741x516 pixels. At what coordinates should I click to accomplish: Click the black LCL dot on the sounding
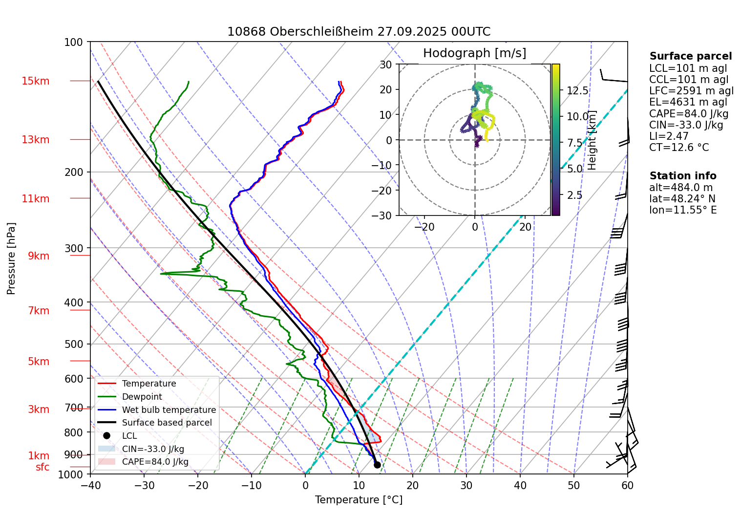(377, 465)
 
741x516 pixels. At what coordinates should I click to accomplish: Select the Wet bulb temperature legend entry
(169, 410)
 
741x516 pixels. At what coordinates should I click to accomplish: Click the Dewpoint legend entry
(142, 397)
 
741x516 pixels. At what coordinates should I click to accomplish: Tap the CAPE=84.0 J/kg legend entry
(155, 462)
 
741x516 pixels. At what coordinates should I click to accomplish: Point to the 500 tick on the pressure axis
(74, 344)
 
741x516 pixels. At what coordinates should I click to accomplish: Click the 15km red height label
(35, 81)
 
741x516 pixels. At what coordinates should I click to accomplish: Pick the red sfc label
(42, 467)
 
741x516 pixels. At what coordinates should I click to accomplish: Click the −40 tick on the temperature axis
(90, 485)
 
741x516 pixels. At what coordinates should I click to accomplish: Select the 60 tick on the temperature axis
(627, 485)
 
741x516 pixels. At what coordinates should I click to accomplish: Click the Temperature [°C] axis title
(359, 500)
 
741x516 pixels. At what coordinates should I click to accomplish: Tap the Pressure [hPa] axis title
(11, 258)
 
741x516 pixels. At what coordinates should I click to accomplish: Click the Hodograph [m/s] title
(474, 53)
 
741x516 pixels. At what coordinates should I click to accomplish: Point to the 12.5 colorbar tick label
(577, 90)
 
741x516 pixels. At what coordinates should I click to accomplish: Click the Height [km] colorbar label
(592, 140)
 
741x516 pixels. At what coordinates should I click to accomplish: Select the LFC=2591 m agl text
(691, 91)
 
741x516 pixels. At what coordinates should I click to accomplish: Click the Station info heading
(682, 176)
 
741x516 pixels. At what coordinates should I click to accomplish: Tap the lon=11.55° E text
(682, 210)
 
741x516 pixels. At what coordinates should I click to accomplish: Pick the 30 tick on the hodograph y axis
(386, 64)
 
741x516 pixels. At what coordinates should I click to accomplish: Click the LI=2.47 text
(668, 136)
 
